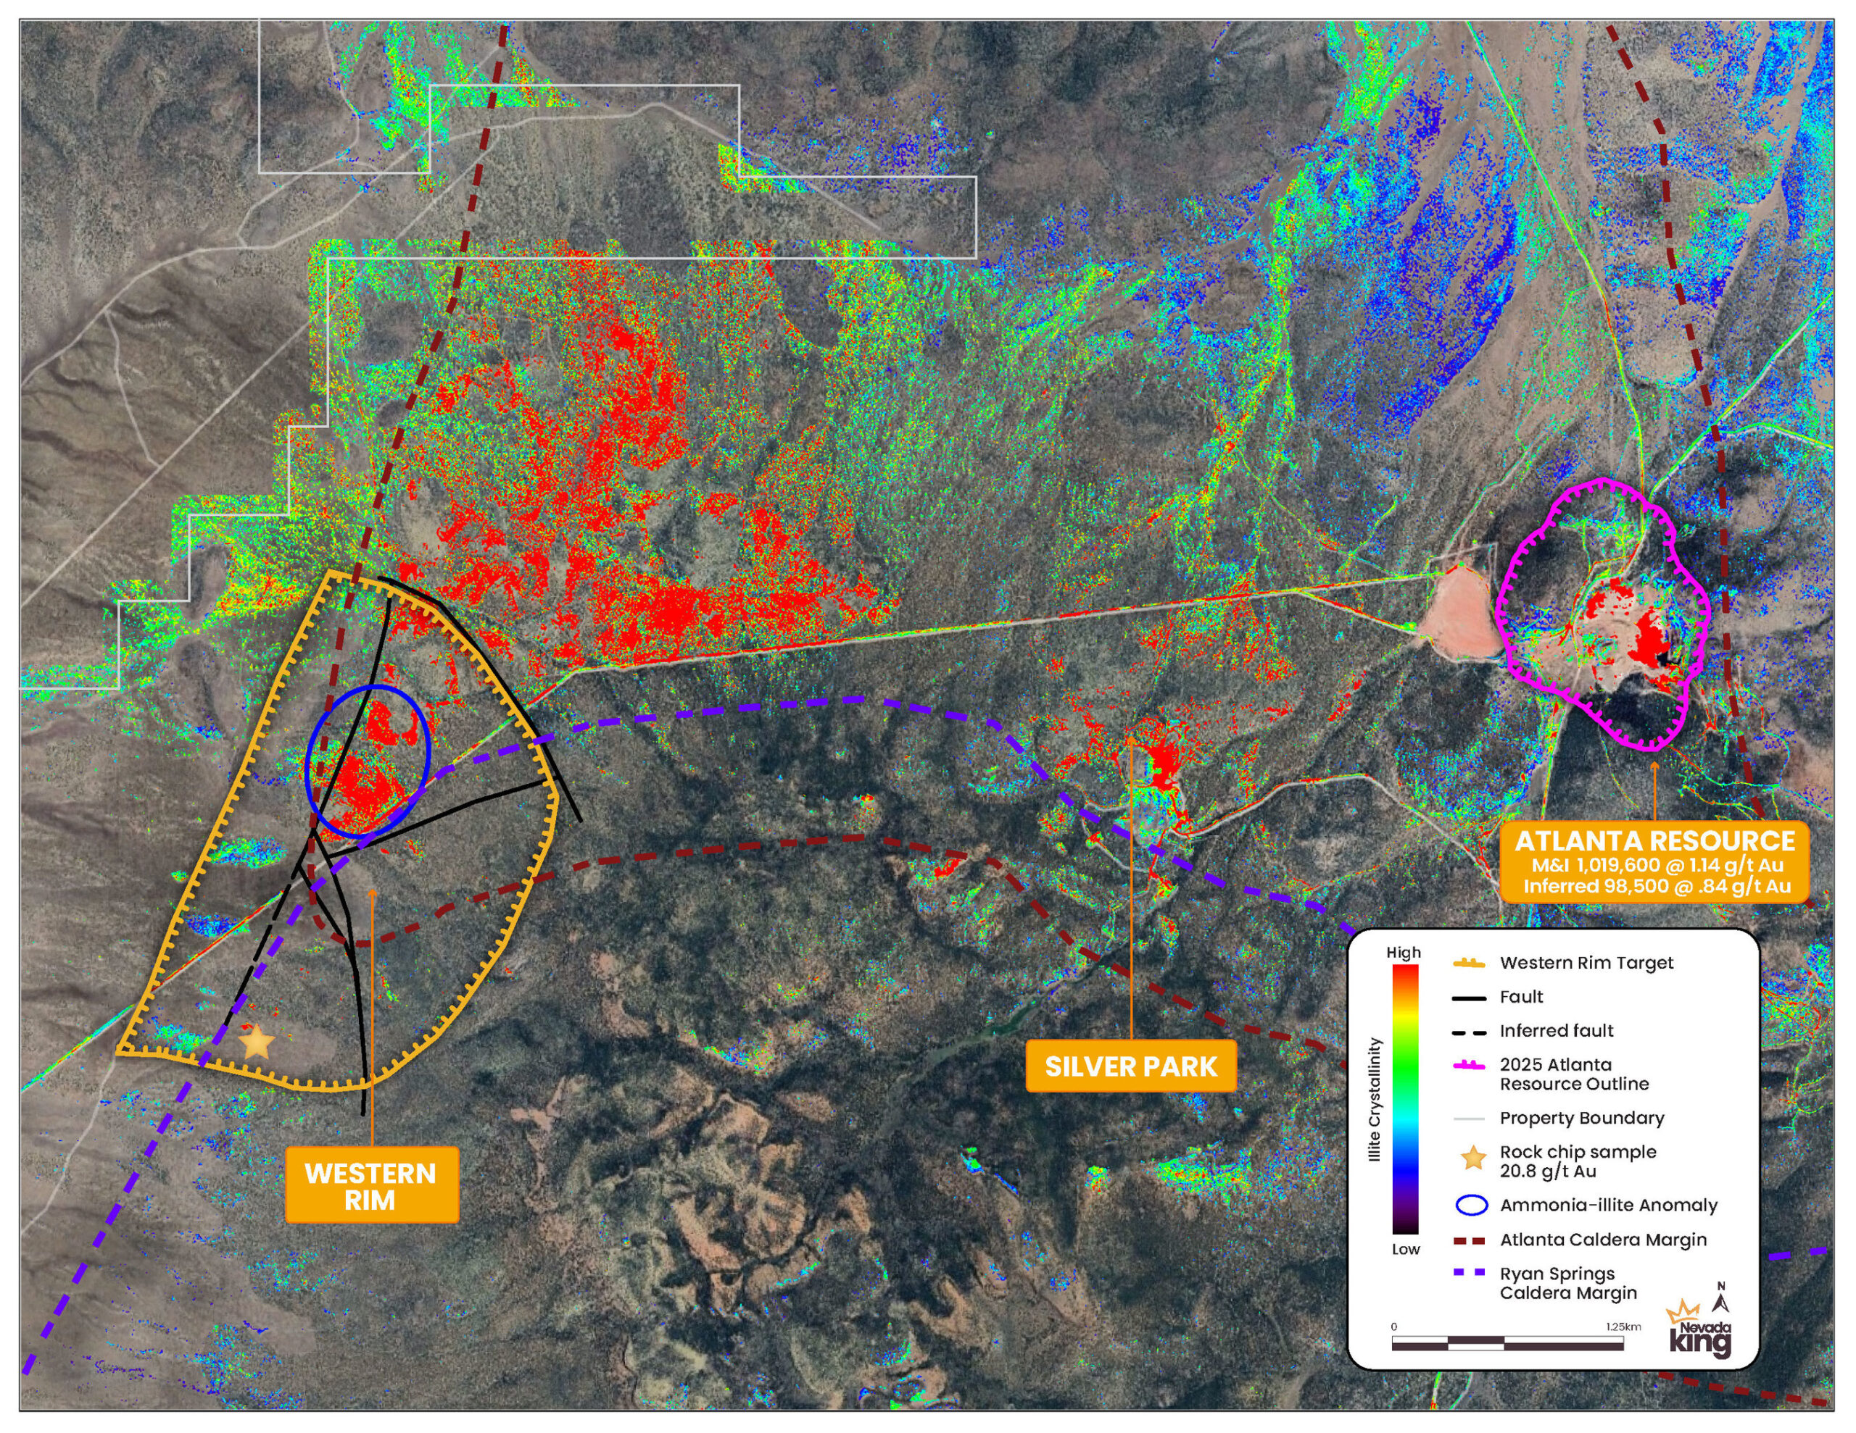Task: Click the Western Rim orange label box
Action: (371, 1185)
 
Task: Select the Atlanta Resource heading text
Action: (1654, 841)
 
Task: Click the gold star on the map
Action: (256, 1041)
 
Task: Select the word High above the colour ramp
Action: (1404, 953)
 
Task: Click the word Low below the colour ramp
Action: (1406, 1249)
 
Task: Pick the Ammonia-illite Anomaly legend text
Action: (1608, 1206)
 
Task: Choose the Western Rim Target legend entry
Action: (1586, 964)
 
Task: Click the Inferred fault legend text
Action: (1556, 1031)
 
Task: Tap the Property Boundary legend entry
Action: (1581, 1119)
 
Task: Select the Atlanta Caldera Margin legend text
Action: (1603, 1240)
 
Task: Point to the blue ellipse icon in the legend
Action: (1472, 1206)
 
